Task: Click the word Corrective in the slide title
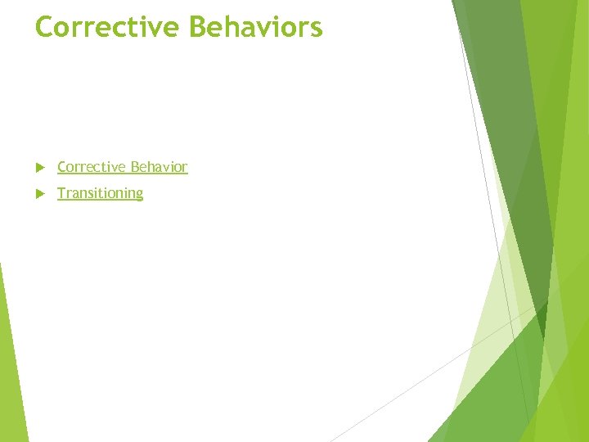pyautogui.click(x=108, y=27)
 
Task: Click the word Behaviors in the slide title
pyautogui.click(x=255, y=27)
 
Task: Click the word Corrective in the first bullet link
pyautogui.click(x=90, y=167)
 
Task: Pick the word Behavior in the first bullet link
pyautogui.click(x=157, y=167)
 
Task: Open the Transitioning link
pyautogui.click(x=100, y=193)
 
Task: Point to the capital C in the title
pyautogui.click(x=46, y=27)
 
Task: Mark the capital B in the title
pyautogui.click(x=200, y=27)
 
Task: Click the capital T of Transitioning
pyautogui.click(x=61, y=193)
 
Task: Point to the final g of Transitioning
pyautogui.click(x=138, y=195)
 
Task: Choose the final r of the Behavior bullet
pyautogui.click(x=185, y=168)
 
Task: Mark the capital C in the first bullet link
pyautogui.click(x=62, y=167)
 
